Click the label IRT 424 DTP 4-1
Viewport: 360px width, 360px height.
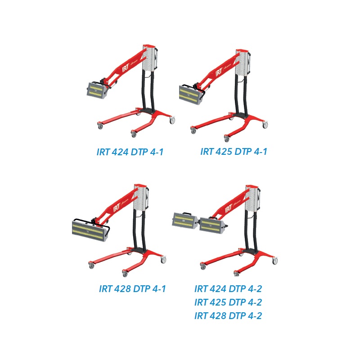130,152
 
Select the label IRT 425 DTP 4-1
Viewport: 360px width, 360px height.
234,152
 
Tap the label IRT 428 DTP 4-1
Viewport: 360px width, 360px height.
132,288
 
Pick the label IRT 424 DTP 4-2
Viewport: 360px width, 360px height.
228,288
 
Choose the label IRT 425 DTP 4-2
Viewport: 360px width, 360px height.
228,302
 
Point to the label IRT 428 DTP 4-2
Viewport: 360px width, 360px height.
228,316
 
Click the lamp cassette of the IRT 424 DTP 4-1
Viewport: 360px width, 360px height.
97,90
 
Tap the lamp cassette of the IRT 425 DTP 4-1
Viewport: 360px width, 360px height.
190,94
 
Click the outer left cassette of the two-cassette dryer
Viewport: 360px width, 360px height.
184,220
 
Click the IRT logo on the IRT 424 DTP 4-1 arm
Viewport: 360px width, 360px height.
126,68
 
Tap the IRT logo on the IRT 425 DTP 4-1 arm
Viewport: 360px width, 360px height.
219,72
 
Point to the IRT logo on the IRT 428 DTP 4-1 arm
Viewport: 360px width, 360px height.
117,208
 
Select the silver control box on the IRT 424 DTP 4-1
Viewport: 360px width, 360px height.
149,58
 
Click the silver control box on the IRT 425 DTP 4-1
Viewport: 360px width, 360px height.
243,63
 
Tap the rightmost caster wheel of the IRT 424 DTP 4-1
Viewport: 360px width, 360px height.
172,120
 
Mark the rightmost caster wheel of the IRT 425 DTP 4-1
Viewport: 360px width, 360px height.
265,125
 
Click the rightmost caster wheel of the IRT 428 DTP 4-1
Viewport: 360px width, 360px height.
163,260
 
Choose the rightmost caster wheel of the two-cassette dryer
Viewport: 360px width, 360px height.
274,261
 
